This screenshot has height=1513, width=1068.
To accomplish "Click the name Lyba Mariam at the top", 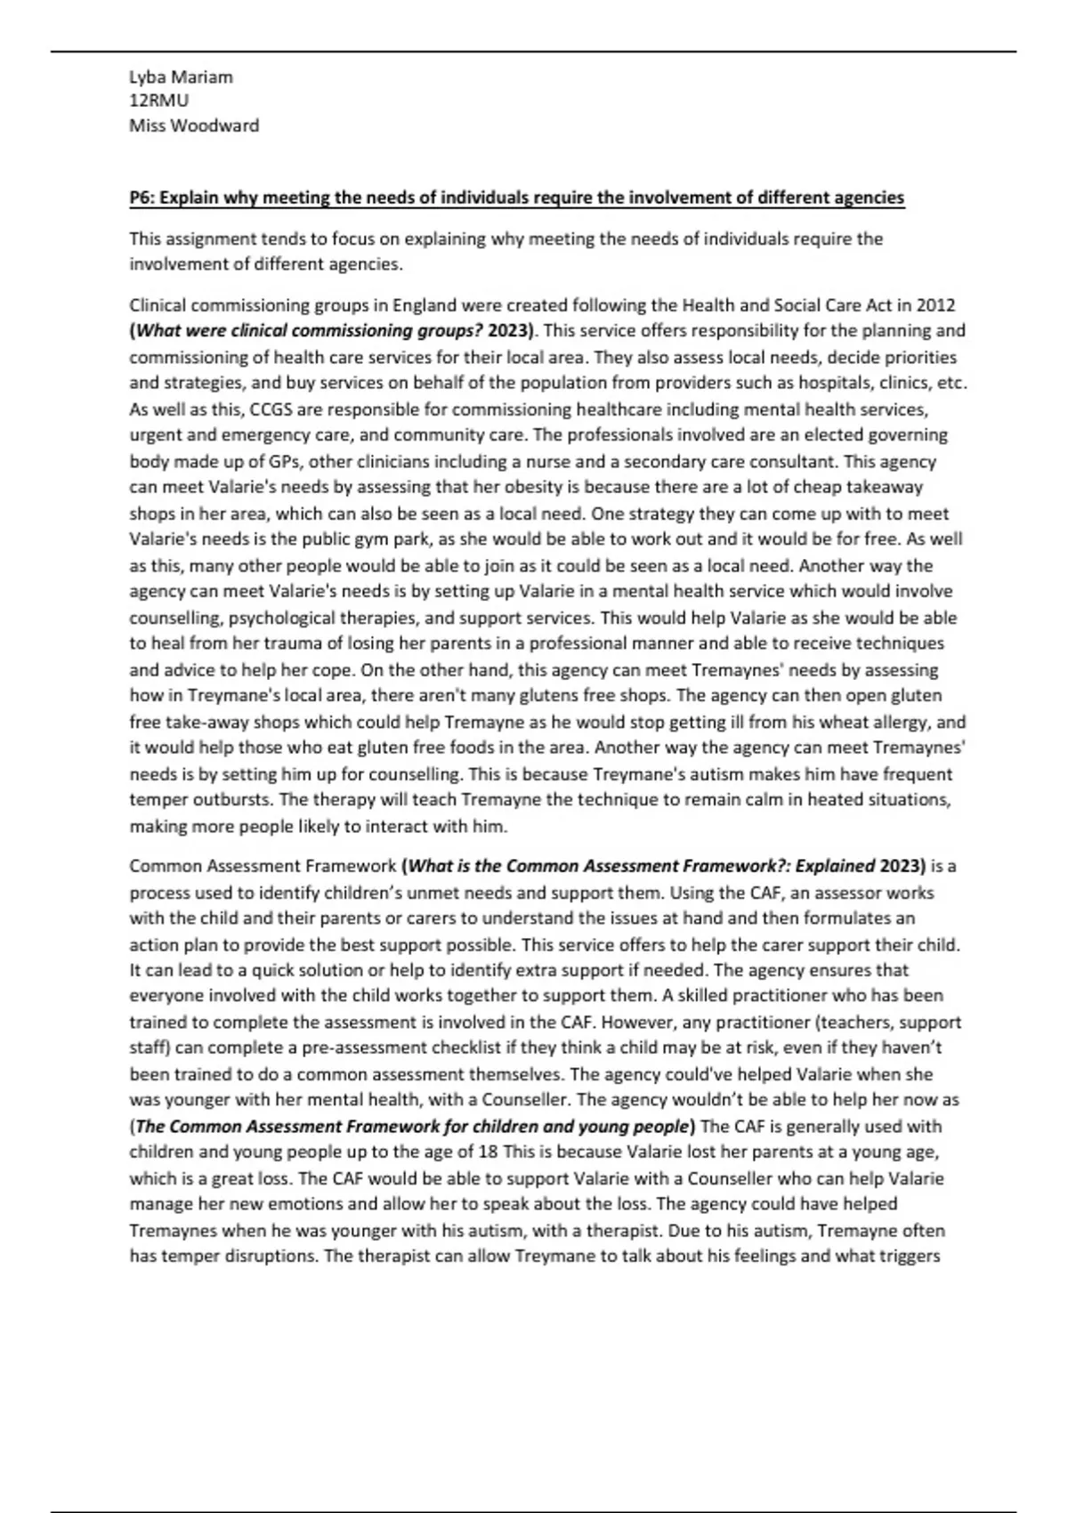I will (181, 77).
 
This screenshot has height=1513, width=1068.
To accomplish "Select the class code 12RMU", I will (159, 101).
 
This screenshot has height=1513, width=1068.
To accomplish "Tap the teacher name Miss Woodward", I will (194, 125).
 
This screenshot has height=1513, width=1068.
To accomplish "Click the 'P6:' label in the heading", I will (142, 198).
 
